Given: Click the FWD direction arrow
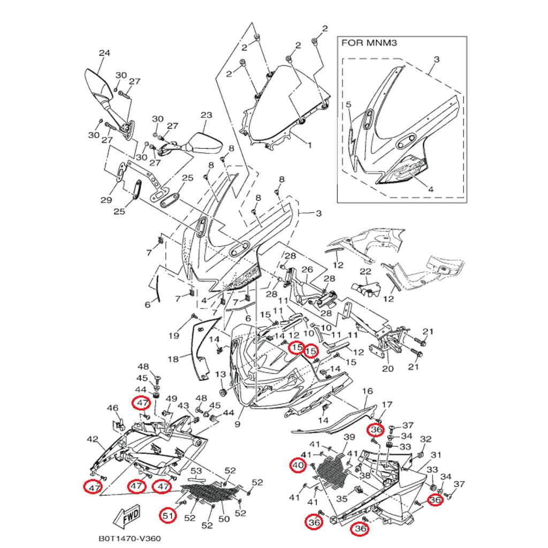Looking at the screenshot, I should pyautogui.click(x=127, y=517).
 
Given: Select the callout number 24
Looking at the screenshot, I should pyautogui.click(x=104, y=53).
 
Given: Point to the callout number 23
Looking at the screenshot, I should pyautogui.click(x=207, y=115).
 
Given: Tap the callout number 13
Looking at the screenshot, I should pyautogui.click(x=220, y=374).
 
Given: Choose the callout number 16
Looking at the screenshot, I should pyautogui.click(x=367, y=391).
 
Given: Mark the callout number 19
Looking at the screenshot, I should pyautogui.click(x=174, y=336).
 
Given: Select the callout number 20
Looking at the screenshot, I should pyautogui.click(x=387, y=368).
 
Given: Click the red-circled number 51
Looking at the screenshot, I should pyautogui.click(x=169, y=515).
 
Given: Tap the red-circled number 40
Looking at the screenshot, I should pyautogui.click(x=298, y=466).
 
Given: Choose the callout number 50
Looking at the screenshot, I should pyautogui.click(x=225, y=519).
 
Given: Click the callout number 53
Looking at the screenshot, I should pyautogui.click(x=197, y=471).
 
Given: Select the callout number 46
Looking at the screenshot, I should pyautogui.click(x=112, y=408).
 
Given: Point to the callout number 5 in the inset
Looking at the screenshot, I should pyautogui.click(x=348, y=105).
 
